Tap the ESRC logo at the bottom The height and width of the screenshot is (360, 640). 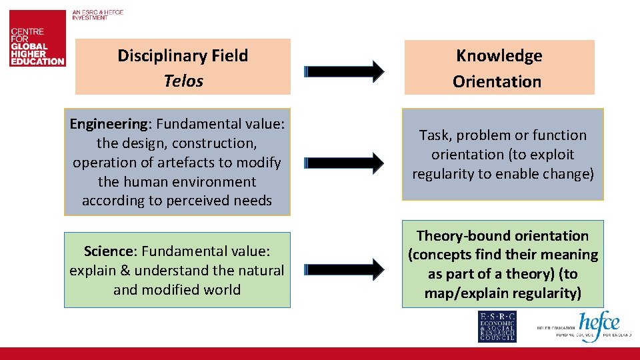(497, 327)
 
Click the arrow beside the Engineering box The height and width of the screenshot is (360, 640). (345, 162)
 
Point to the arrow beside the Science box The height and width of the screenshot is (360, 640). (345, 269)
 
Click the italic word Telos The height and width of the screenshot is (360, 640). (183, 81)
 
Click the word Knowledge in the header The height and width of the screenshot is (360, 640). (499, 56)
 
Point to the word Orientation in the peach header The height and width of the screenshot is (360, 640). (497, 82)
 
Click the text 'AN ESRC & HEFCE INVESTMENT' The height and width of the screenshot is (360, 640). (98, 15)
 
